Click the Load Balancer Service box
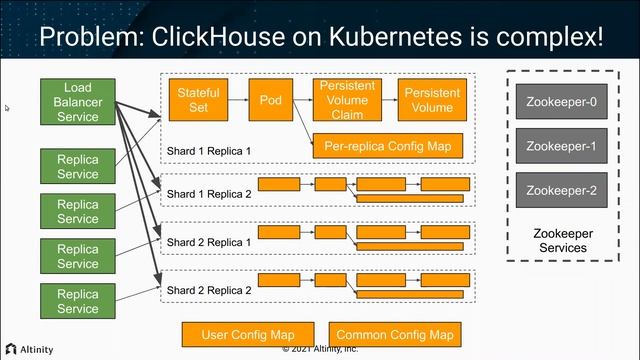tap(77, 103)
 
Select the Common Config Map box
tap(395, 334)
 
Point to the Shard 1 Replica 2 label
tap(209, 194)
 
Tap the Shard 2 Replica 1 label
tap(209, 242)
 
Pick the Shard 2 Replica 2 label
tap(209, 290)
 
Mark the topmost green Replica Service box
tap(77, 167)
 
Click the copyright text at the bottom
tap(320, 351)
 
